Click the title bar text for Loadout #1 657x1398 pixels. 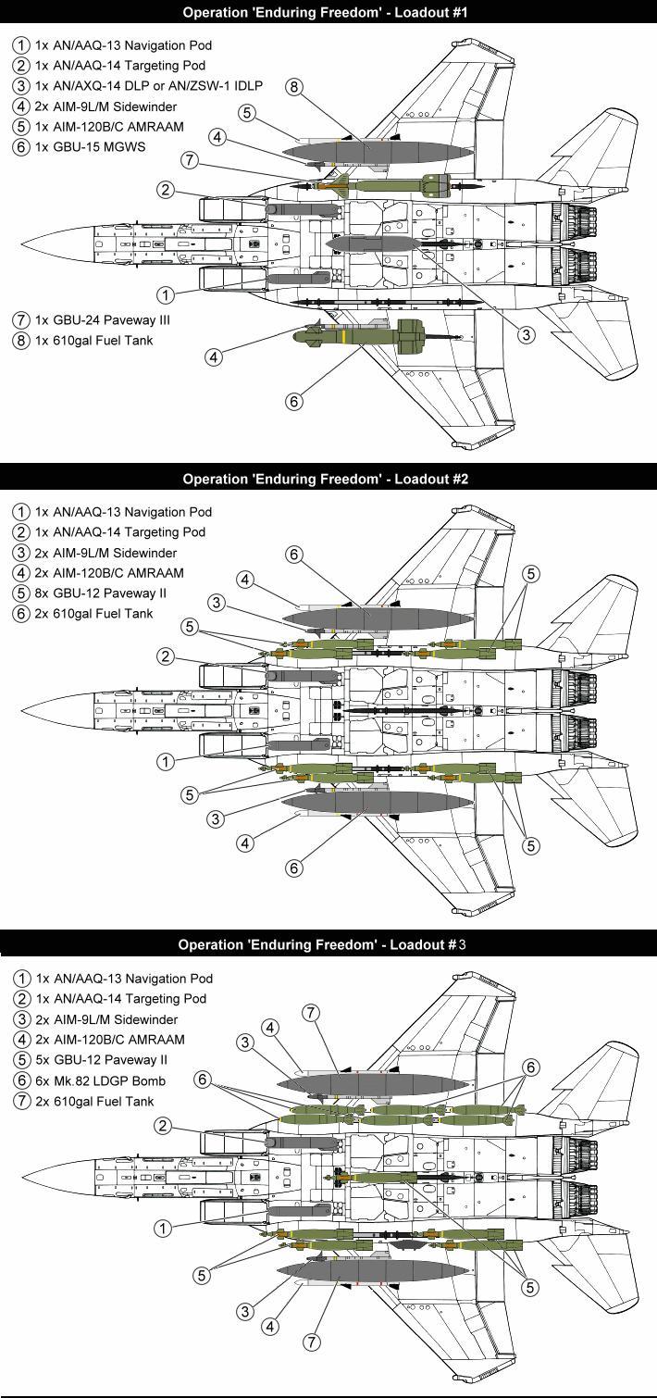tap(328, 12)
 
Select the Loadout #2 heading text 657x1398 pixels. tap(328, 479)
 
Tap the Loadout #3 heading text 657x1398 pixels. tap(328, 945)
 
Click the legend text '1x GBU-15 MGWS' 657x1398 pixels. tap(93, 147)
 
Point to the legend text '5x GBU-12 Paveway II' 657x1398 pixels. tap(106, 1060)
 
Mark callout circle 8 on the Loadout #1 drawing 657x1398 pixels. tap(294, 87)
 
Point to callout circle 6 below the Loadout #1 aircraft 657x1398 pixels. tap(293, 402)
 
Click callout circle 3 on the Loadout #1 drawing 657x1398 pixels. tap(526, 335)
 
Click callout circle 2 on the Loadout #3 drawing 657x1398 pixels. tap(162, 1126)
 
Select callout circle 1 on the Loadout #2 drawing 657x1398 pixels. tap(166, 762)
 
